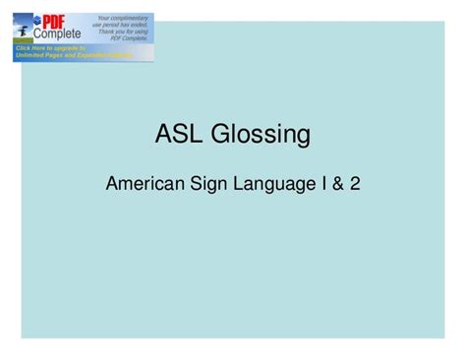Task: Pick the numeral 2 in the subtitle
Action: coord(353,184)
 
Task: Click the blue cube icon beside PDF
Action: coord(37,20)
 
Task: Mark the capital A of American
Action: coord(110,184)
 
